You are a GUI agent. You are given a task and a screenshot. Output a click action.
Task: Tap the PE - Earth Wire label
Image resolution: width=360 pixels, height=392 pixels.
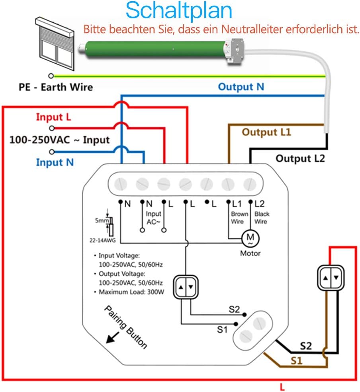[56, 87]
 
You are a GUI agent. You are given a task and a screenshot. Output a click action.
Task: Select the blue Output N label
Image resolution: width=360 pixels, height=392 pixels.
[241, 87]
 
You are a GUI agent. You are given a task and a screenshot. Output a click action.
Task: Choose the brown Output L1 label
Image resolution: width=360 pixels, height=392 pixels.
[266, 132]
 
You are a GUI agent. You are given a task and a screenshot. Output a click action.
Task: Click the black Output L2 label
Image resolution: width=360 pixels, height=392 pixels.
[300, 158]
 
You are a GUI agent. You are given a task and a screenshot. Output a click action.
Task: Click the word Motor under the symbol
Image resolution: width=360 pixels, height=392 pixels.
[250, 253]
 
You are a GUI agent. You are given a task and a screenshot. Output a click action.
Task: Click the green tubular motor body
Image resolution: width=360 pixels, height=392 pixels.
[153, 49]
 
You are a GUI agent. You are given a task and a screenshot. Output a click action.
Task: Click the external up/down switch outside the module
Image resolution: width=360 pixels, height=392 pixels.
[331, 278]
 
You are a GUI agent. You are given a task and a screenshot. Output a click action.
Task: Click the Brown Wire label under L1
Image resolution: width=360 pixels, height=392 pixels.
[237, 217]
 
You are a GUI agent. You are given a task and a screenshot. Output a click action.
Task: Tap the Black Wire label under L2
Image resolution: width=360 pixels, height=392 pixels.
[262, 217]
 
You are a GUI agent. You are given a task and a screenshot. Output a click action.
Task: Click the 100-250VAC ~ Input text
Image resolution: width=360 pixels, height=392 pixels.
[59, 140]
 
